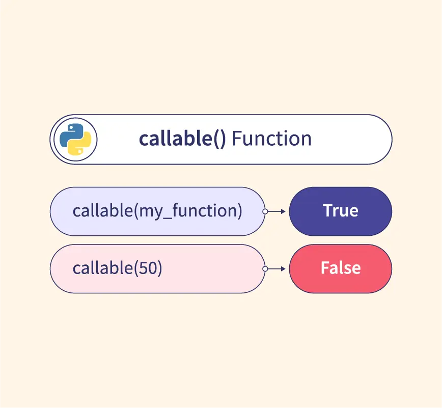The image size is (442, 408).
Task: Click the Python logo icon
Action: coord(75,139)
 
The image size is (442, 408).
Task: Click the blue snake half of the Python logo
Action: coord(70,135)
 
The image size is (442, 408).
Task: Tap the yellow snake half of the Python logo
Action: coord(81,144)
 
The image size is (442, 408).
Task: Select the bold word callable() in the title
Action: coord(182,139)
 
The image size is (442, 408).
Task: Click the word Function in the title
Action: coord(272,139)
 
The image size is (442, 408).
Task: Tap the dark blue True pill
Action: coord(341,211)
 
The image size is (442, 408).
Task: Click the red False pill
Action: coord(341,269)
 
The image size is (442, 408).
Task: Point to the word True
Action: coord(341,211)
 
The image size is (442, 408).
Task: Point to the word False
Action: coord(341,268)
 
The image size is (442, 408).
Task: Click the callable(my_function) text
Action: coord(157,211)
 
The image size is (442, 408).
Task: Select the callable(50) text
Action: coord(117,268)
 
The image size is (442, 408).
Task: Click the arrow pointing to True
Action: coord(276,211)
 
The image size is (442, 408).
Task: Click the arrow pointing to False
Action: coord(276,269)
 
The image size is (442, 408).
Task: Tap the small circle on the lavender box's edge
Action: coord(265,211)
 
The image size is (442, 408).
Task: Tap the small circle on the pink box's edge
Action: coord(265,269)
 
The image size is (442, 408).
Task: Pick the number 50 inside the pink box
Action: coord(147,268)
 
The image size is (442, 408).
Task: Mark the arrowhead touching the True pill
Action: coord(283,211)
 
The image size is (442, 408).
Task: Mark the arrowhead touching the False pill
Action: coord(283,269)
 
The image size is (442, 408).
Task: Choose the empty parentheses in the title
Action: coord(219,139)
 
